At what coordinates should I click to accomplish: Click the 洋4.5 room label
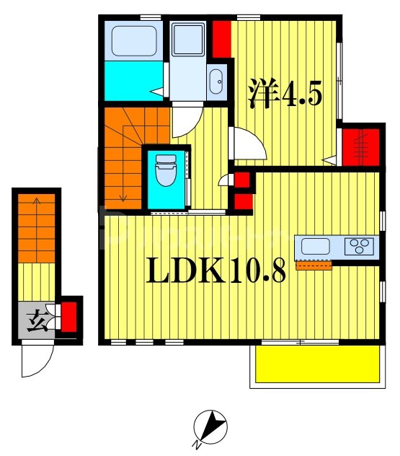(x=285, y=94)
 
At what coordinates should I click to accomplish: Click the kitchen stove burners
(x=358, y=247)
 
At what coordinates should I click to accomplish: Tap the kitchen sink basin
(x=315, y=246)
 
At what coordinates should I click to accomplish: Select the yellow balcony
(x=318, y=365)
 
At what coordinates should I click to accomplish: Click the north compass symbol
(x=210, y=428)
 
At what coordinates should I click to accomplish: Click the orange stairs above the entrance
(x=36, y=227)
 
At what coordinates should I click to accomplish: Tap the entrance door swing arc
(x=38, y=359)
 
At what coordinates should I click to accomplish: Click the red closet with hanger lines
(x=360, y=147)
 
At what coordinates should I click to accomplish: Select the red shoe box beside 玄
(x=69, y=317)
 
